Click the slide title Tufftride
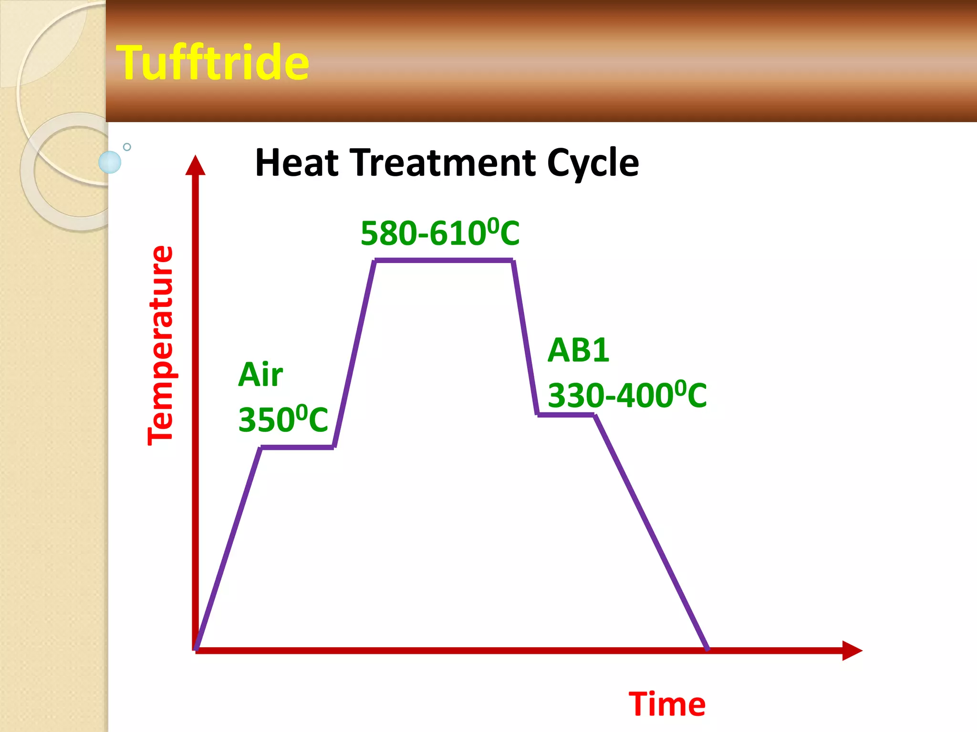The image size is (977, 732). (213, 62)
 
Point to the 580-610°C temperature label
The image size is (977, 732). (440, 234)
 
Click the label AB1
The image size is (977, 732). (578, 350)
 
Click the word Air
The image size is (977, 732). (260, 375)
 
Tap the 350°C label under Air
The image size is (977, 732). (283, 420)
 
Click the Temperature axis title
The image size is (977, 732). (160, 346)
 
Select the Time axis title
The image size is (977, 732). (667, 704)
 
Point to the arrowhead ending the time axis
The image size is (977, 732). (852, 651)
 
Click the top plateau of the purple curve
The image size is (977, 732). (444, 261)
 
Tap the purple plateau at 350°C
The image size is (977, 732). (297, 447)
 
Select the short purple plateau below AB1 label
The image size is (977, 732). (566, 415)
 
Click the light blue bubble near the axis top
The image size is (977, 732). (110, 162)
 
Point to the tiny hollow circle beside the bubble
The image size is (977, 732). (127, 147)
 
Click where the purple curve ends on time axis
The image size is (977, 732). (707, 649)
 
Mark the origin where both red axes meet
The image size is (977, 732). (196, 650)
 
